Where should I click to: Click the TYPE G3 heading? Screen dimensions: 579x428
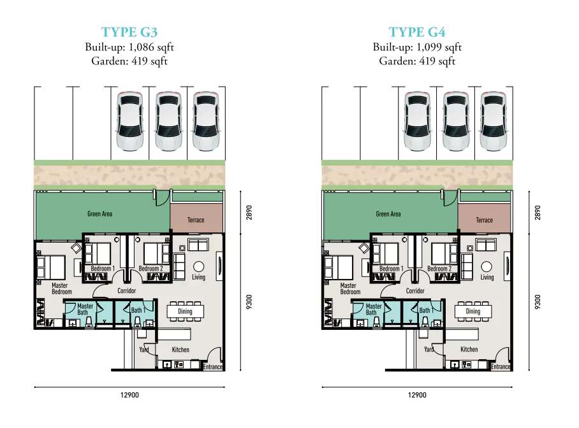click(129, 32)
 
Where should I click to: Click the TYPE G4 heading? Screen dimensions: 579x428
click(417, 32)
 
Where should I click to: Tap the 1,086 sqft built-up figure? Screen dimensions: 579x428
click(150, 47)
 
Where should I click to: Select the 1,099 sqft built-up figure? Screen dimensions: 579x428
click(439, 47)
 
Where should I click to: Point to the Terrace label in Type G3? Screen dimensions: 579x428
click(196, 220)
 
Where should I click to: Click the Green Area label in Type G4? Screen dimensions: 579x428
click(388, 214)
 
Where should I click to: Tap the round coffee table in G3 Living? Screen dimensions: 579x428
click(199, 266)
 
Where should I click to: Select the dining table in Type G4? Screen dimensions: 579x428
click(473, 311)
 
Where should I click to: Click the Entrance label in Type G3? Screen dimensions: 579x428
click(213, 367)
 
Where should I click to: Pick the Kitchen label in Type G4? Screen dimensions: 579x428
click(469, 349)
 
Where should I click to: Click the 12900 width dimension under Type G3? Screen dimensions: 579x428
click(129, 395)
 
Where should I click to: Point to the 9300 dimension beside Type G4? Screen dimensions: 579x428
click(538, 302)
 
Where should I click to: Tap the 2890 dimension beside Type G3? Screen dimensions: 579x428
click(249, 213)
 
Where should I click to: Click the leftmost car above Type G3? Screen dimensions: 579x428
click(129, 121)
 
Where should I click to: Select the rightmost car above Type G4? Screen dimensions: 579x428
click(494, 121)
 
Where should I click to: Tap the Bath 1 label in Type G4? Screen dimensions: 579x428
click(426, 310)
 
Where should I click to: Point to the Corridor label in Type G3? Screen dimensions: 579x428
click(127, 290)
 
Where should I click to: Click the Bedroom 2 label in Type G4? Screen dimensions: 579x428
click(439, 269)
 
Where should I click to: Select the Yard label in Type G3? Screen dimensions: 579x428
click(144, 350)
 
